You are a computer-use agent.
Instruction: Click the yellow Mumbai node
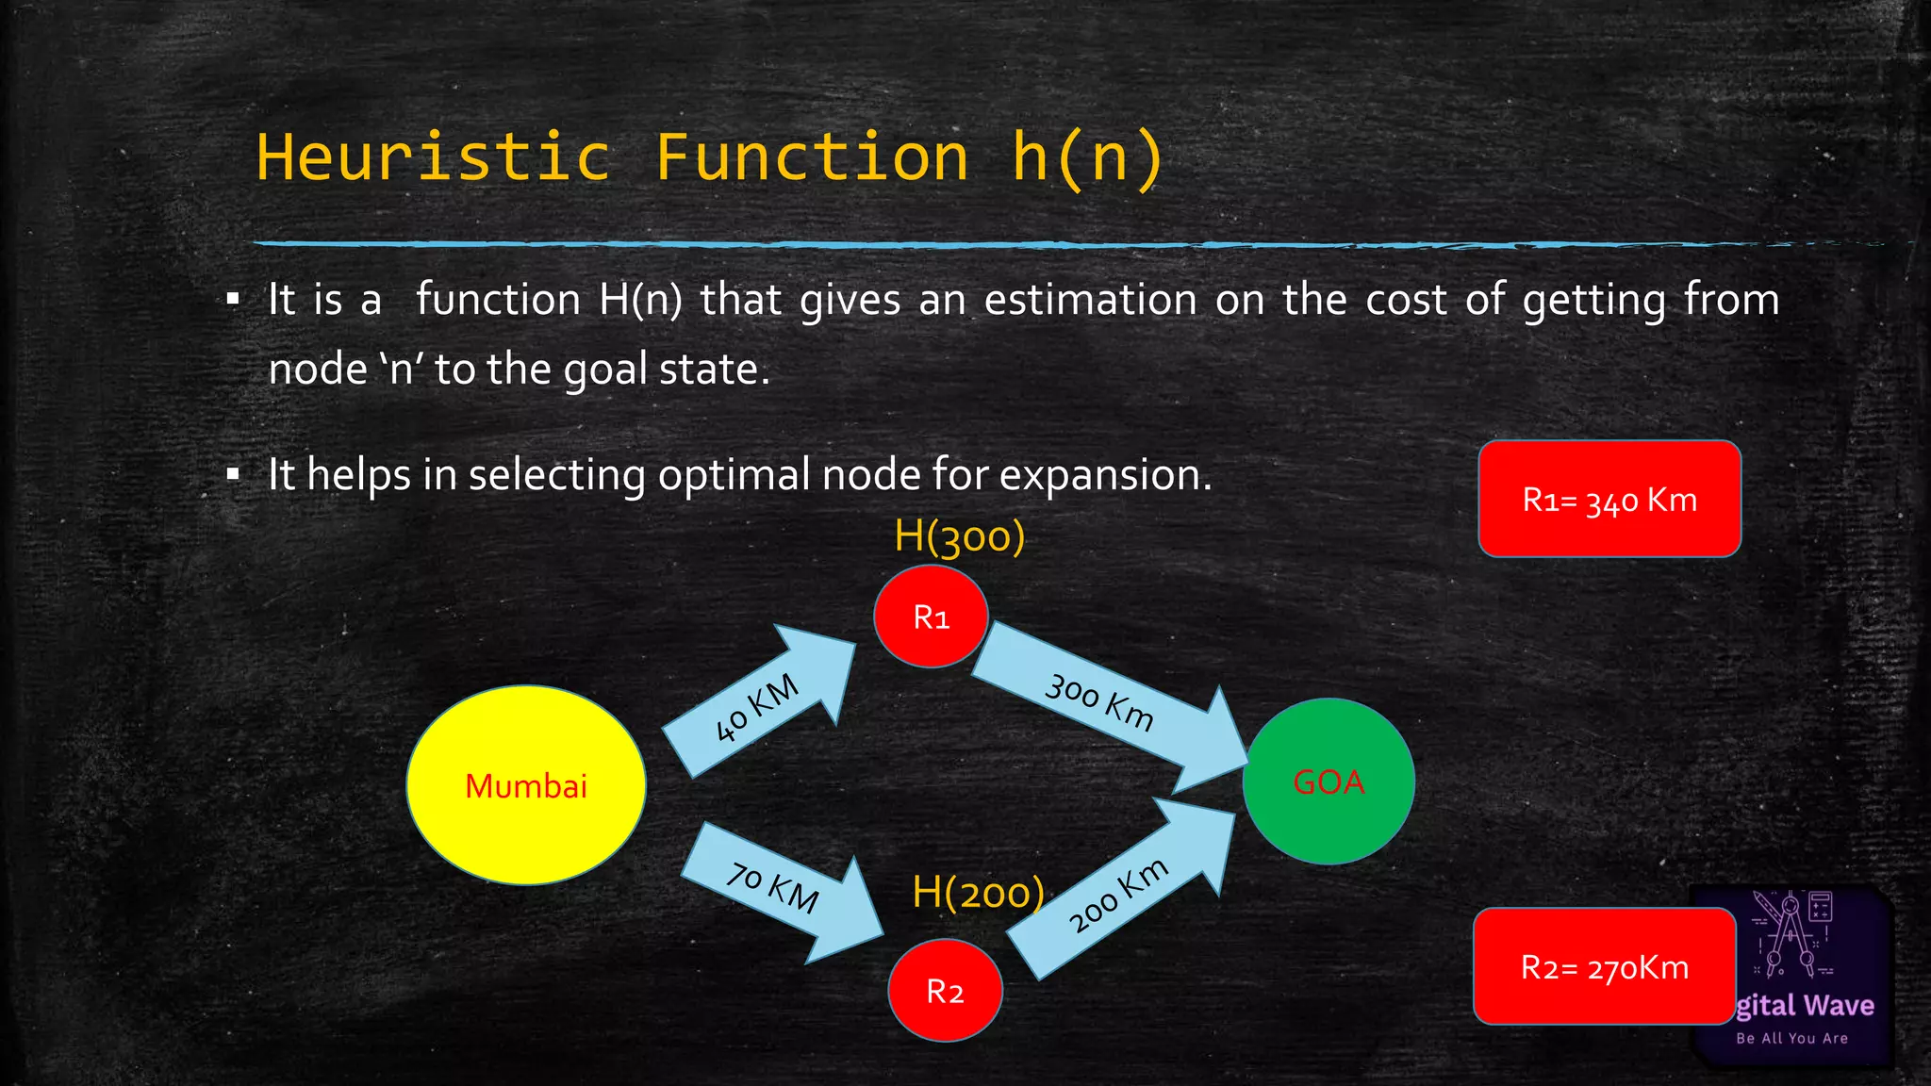tap(526, 785)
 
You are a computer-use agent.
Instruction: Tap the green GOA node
tap(1329, 782)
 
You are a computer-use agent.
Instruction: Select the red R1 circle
tap(931, 617)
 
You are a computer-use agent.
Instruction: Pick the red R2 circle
tap(945, 991)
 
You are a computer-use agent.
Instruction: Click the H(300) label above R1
tap(959, 537)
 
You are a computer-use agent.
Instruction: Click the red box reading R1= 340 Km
tap(1609, 499)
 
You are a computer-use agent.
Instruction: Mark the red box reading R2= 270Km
tap(1605, 967)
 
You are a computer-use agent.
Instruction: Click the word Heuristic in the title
tap(434, 157)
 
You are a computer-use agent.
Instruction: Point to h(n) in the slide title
tap(1088, 157)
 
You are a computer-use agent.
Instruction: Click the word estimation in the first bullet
tap(1090, 300)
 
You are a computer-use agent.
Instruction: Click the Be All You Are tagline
tap(1791, 1038)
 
